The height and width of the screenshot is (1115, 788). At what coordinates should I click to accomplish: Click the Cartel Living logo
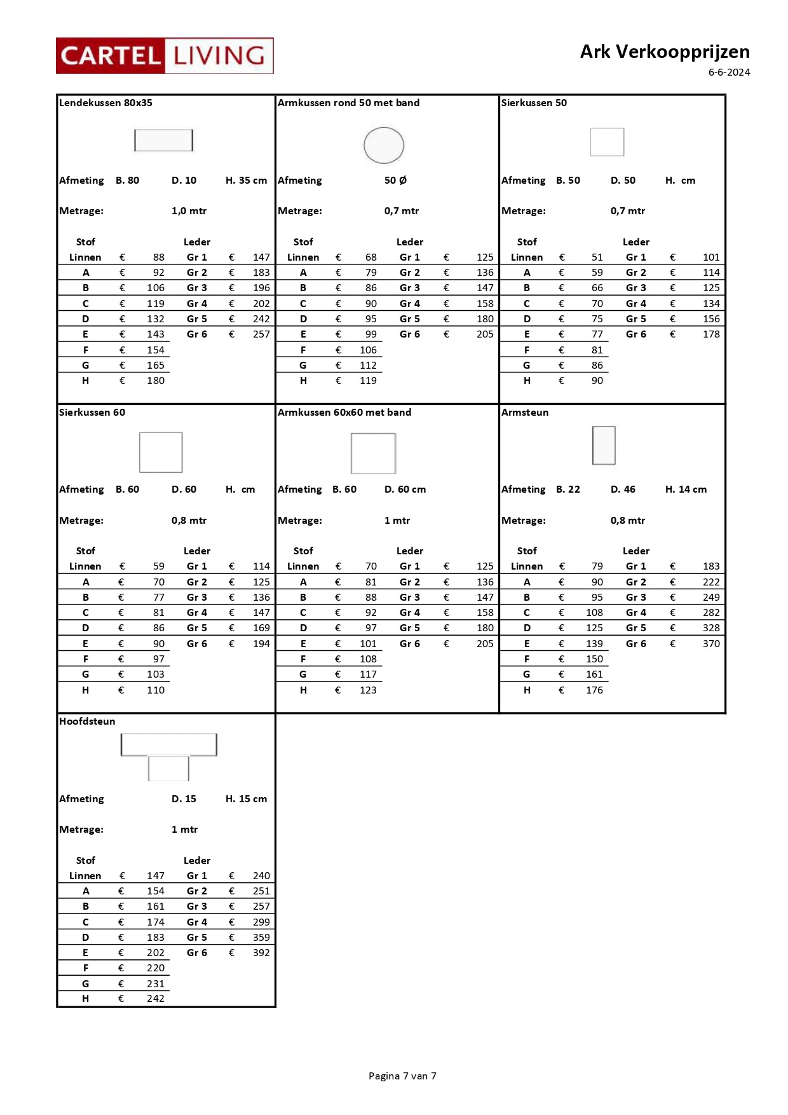[x=165, y=56]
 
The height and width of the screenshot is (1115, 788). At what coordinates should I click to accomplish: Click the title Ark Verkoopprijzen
[x=664, y=51]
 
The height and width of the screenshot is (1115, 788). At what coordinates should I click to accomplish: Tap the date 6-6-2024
[x=729, y=72]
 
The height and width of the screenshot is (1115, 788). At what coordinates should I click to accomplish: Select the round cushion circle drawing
[x=384, y=145]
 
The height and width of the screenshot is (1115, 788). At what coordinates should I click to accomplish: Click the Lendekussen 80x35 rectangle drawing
[x=163, y=140]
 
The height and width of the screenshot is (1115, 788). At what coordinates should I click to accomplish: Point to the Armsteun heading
[x=525, y=413]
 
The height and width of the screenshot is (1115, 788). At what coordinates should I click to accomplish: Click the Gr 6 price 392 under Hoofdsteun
[x=261, y=952]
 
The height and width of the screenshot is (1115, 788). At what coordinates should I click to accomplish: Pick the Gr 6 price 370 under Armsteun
[x=711, y=643]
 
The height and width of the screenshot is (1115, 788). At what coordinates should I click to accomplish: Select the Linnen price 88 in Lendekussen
[x=158, y=257]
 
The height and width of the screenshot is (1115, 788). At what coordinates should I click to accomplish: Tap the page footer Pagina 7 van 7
[x=402, y=1076]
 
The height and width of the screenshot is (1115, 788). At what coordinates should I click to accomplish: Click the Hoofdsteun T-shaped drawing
[x=169, y=756]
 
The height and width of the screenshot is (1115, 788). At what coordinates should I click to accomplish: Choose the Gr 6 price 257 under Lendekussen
[x=261, y=334]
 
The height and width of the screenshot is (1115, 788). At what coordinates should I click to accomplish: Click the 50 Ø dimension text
[x=395, y=181]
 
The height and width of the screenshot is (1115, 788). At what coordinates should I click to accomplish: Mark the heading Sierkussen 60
[x=92, y=413]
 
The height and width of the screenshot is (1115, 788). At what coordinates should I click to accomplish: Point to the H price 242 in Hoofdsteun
[x=156, y=998]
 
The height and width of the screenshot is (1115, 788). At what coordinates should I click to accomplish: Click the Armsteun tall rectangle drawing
[x=604, y=445]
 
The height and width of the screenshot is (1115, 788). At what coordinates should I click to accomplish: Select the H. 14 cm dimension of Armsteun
[x=686, y=489]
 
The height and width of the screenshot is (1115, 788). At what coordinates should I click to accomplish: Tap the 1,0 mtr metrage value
[x=189, y=211]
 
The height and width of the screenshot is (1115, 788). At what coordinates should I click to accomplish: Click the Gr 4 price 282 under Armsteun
[x=711, y=613]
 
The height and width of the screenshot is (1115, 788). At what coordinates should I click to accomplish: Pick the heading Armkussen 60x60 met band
[x=344, y=413]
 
